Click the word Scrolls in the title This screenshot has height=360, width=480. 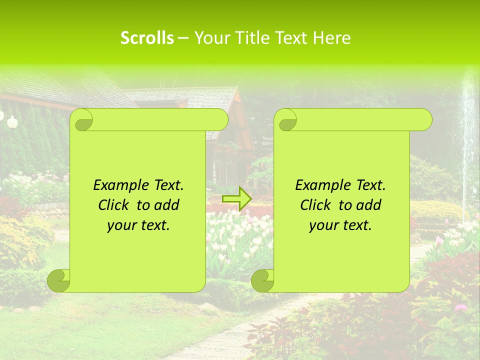pyautogui.click(x=147, y=38)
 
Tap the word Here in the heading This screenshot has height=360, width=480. pyautogui.click(x=332, y=38)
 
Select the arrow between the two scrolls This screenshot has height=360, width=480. pyautogui.click(x=236, y=198)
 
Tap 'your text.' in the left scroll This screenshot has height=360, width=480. pyautogui.click(x=138, y=225)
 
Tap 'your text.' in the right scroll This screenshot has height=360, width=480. pyautogui.click(x=340, y=225)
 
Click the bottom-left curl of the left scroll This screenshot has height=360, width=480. pyautogui.click(x=58, y=280)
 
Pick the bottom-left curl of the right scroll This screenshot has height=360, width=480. pyautogui.click(x=262, y=280)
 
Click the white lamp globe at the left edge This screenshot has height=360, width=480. pyautogui.click(x=12, y=119)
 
